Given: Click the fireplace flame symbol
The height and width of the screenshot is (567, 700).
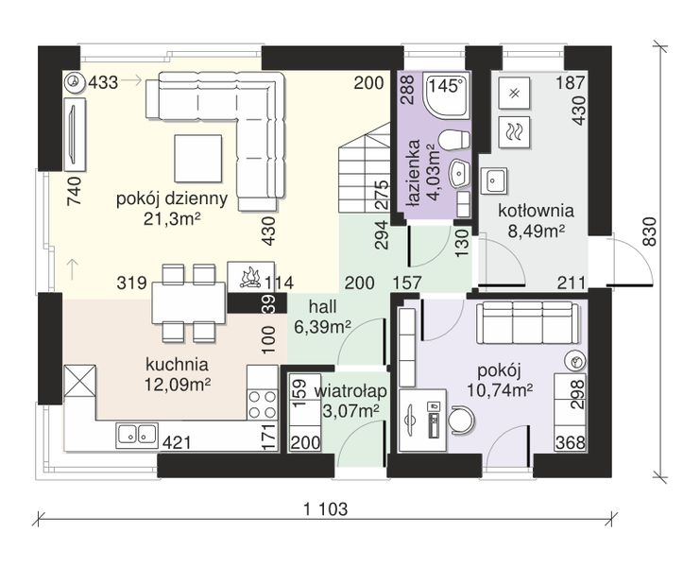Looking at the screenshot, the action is click(x=250, y=277).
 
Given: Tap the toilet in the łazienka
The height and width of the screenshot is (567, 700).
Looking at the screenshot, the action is click(x=454, y=140).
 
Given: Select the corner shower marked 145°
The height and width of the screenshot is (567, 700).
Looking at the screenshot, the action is click(x=447, y=95).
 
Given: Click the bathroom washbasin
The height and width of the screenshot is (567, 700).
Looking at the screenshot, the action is click(x=459, y=173).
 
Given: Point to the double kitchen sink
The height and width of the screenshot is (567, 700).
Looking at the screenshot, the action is click(x=137, y=435).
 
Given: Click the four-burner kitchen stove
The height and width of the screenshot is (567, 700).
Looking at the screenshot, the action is click(x=263, y=404).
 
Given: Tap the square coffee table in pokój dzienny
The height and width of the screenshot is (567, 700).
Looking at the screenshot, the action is click(x=198, y=159).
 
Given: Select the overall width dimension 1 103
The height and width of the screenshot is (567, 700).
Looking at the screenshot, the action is click(x=326, y=508).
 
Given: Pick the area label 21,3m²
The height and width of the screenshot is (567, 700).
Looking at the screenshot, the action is click(x=171, y=219).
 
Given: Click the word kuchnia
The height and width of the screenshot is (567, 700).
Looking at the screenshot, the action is click(x=178, y=365).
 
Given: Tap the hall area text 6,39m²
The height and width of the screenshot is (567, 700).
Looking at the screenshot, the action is click(x=322, y=327).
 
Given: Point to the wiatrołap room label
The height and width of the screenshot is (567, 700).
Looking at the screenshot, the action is click(x=350, y=391).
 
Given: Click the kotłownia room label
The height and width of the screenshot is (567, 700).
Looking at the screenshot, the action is click(x=536, y=211).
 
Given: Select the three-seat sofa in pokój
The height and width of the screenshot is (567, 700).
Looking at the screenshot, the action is click(x=528, y=322).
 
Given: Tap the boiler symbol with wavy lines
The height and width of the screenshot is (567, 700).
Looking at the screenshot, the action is click(x=514, y=131).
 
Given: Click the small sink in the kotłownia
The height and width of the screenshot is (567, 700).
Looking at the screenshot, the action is click(x=493, y=180).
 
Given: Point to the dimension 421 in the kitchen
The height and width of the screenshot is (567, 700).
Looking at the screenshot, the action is click(x=177, y=443).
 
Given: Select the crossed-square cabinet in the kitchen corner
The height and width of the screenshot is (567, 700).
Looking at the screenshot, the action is click(x=80, y=381).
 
